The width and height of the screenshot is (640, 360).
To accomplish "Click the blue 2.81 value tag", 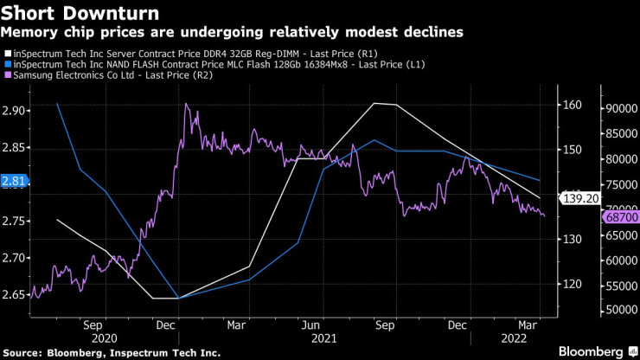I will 15,181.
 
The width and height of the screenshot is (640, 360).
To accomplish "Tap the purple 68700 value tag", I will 621,217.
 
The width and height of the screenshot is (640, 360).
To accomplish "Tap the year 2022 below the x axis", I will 515,339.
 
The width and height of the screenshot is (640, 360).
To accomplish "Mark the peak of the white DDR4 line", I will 374,103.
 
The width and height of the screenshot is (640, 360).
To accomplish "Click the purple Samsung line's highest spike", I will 185,104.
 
